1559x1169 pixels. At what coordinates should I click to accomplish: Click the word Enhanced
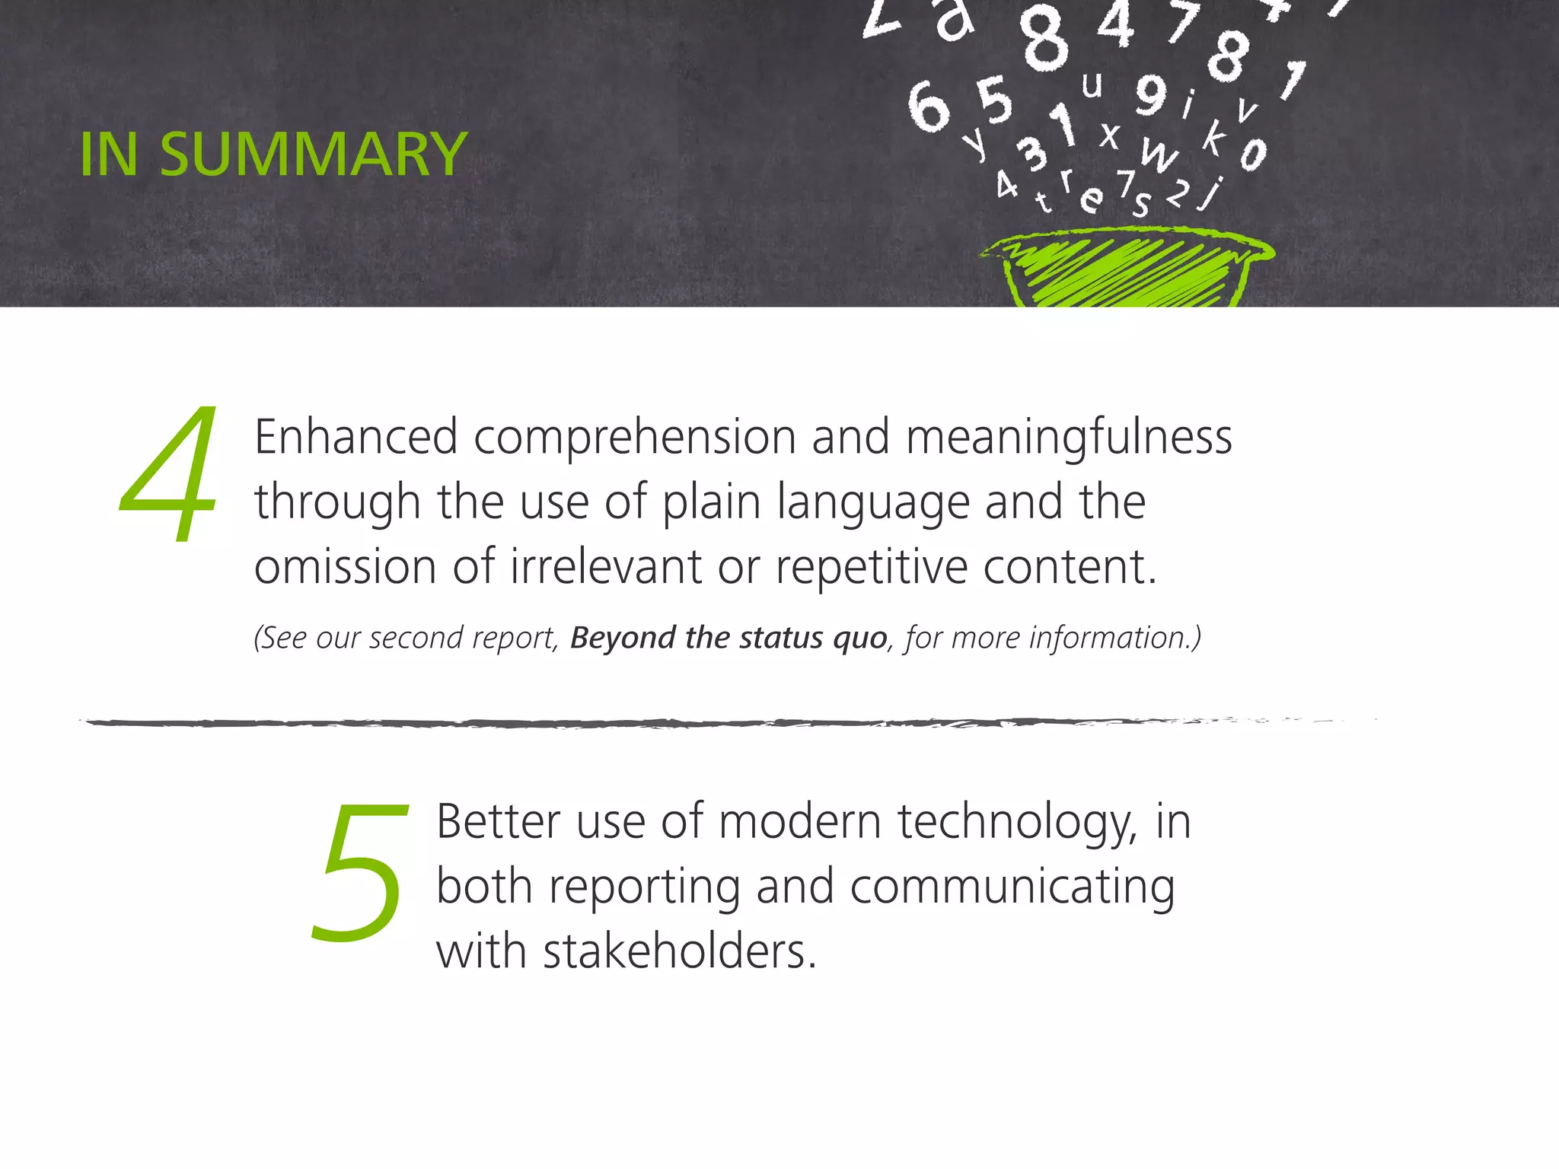click(x=355, y=438)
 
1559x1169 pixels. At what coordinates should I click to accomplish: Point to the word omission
click(x=345, y=567)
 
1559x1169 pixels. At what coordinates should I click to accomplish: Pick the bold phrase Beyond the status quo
click(x=728, y=638)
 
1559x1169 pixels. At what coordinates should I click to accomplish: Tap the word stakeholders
click(x=679, y=951)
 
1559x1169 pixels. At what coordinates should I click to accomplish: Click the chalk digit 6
click(x=929, y=107)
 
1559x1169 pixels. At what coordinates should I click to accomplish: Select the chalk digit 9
click(x=1151, y=95)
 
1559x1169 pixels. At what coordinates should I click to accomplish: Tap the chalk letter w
click(x=1159, y=156)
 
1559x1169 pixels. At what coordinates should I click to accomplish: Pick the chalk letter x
click(x=1110, y=136)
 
